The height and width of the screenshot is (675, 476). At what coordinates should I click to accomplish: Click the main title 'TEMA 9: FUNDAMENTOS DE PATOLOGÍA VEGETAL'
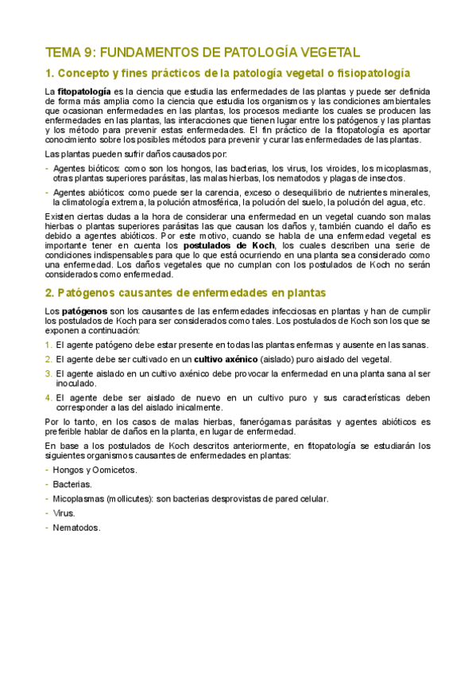(203, 53)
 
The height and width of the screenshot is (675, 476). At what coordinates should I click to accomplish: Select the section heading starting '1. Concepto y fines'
(227, 73)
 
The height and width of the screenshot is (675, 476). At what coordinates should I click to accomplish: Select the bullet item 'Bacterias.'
(72, 484)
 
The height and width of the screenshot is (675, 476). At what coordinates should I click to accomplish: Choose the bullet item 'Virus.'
(64, 513)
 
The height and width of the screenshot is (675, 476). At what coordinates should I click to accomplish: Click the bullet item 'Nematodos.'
(77, 528)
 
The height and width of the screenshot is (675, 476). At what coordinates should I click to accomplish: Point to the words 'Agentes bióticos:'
(87, 169)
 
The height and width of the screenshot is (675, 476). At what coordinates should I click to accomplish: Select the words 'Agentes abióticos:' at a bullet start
(89, 193)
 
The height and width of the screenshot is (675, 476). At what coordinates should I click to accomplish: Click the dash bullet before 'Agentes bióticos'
(48, 169)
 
